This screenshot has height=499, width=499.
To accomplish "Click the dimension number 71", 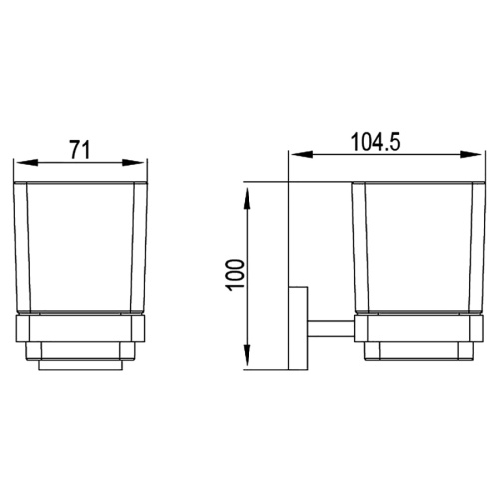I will pos(81,150).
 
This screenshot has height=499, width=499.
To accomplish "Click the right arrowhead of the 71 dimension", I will pos(140,163).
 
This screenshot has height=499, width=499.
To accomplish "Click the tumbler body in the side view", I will pos(413,249).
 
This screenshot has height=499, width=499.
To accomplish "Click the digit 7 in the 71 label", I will pos(75,150).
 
